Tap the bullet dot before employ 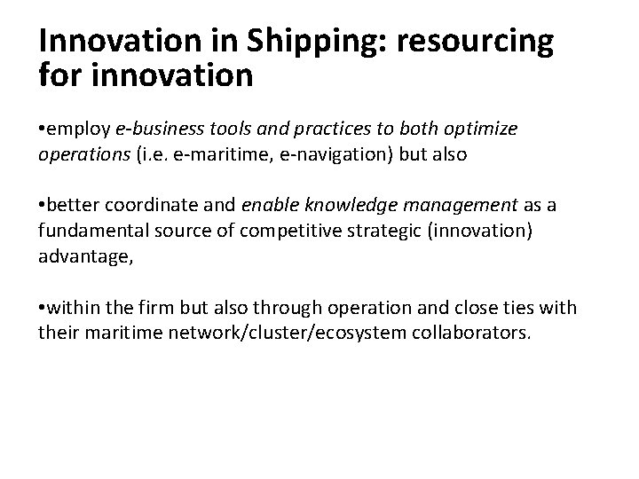(x=43, y=130)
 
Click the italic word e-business (x=152, y=129)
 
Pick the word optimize (x=480, y=129)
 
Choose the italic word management (x=455, y=207)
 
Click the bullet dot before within (x=43, y=308)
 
